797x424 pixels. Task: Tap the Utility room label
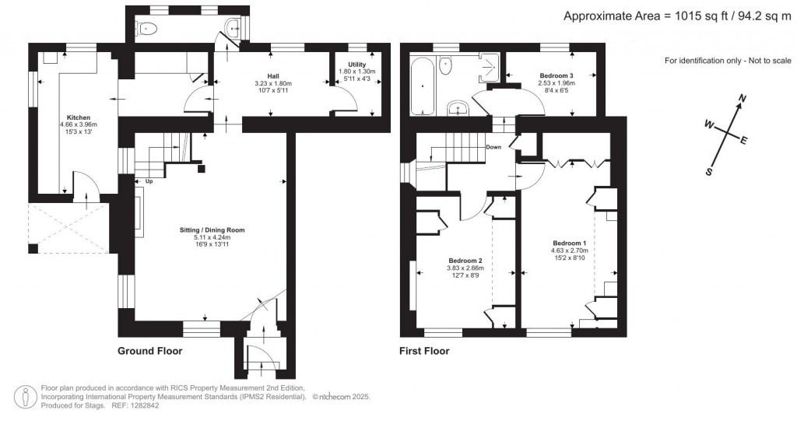tap(356, 65)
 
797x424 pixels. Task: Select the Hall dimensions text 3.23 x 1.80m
tap(273, 84)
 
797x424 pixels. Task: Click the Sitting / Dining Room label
tap(212, 230)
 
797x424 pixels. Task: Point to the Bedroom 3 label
tap(556, 75)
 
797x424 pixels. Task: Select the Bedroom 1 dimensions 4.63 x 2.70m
tap(569, 251)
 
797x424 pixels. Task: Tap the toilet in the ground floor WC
tap(148, 29)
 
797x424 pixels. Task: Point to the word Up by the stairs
tap(149, 180)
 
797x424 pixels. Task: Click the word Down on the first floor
tap(493, 147)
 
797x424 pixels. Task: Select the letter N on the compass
tap(743, 98)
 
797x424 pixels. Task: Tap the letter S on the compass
tap(709, 172)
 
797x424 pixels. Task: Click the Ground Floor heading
tap(150, 351)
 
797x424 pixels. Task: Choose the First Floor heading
tap(424, 351)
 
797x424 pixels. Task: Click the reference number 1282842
tap(144, 406)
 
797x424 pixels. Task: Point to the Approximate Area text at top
tap(678, 16)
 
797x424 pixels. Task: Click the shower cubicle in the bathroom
tap(489, 68)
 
